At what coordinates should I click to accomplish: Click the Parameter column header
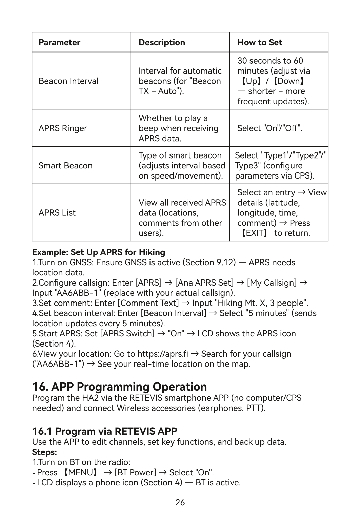coord(59,42)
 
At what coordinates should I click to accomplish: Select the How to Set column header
coord(260,42)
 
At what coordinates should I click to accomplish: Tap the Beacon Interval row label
coord(68,81)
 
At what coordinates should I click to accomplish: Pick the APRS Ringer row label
coord(63,128)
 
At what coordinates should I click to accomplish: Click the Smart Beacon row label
coord(65,166)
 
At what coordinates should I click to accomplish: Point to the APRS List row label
coord(57,213)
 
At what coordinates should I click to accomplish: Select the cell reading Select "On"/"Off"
coord(269,128)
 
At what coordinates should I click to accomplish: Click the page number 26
coord(180,503)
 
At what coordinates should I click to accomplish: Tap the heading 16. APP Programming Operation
coord(119,387)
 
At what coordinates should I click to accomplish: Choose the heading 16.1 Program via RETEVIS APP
coord(104,431)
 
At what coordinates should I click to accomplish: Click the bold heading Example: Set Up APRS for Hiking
coord(99,252)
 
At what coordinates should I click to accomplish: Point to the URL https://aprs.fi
coord(162,354)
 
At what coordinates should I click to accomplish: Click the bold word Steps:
coord(44,452)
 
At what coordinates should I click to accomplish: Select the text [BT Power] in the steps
coord(135,473)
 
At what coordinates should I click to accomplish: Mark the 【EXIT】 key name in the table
coord(254,233)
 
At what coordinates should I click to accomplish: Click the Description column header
coord(162,42)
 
